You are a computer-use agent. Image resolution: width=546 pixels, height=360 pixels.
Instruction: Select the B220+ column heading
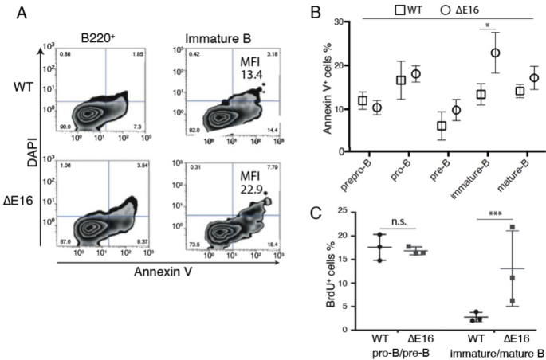pos(101,33)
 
